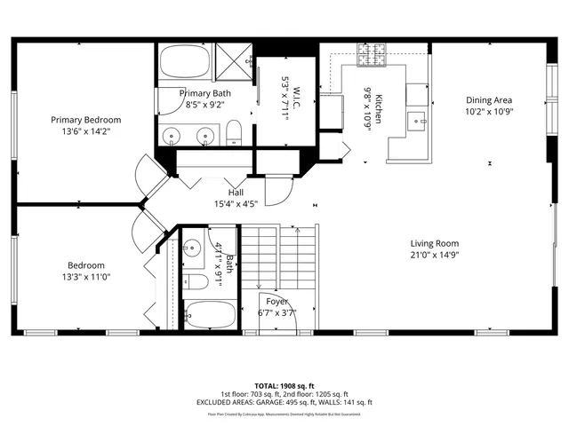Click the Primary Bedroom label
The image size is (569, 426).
click(x=85, y=119)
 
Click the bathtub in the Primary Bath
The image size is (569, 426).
click(x=185, y=63)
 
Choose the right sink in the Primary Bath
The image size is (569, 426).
click(x=206, y=136)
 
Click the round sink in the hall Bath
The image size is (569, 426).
click(x=192, y=248)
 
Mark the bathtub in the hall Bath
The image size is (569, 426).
click(x=210, y=313)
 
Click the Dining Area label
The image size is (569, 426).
click(x=490, y=100)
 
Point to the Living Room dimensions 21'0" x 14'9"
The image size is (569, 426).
click(x=435, y=255)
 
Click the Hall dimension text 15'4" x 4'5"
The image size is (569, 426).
click(x=236, y=204)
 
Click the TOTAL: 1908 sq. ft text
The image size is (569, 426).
click(x=284, y=386)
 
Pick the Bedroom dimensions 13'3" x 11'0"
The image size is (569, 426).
click(x=86, y=276)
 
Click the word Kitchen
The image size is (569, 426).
click(x=378, y=108)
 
